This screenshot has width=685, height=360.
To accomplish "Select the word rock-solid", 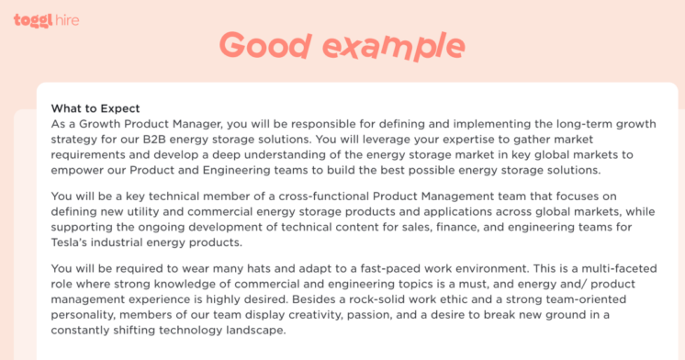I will [x=462, y=299].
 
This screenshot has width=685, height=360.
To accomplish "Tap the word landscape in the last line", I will [x=255, y=331].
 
